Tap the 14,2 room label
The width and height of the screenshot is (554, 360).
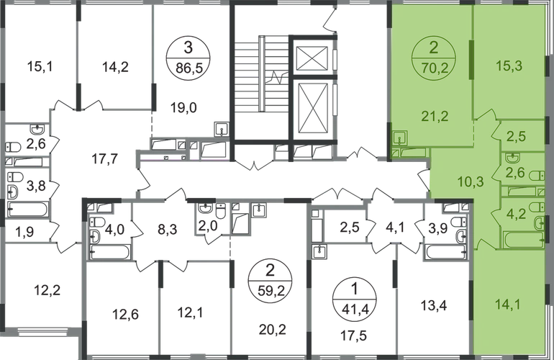pyautogui.click(x=109, y=69)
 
